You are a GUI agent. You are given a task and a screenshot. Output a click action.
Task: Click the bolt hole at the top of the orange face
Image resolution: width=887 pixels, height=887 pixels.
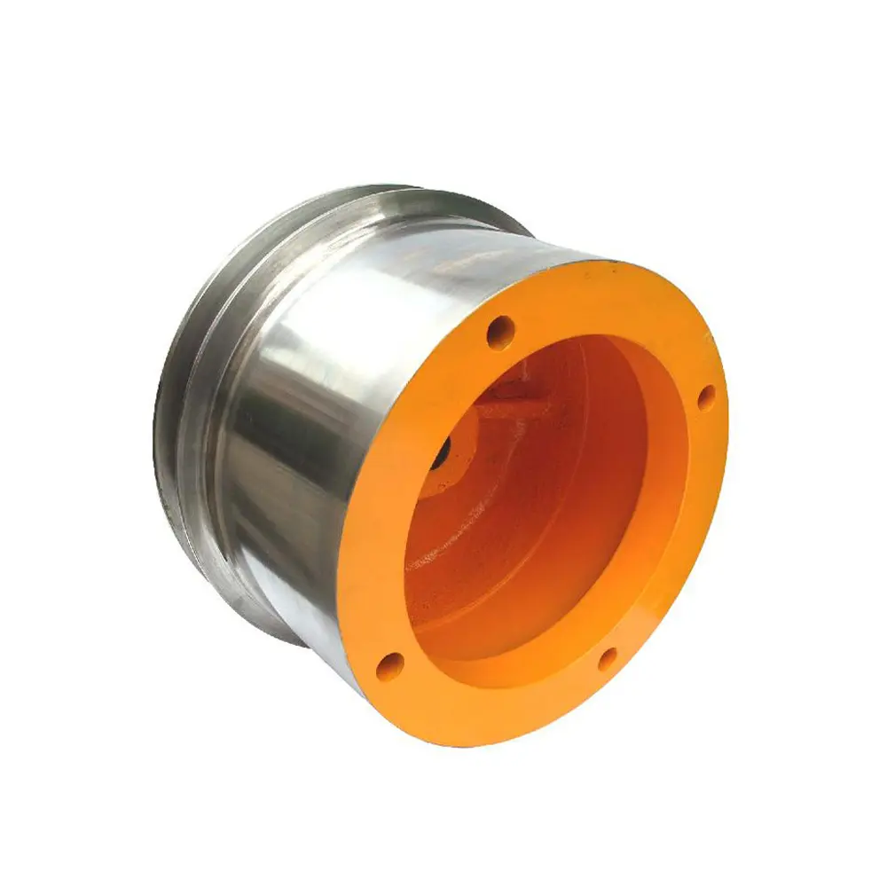501,332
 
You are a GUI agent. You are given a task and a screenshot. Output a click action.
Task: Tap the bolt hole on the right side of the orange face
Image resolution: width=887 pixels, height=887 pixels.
705,398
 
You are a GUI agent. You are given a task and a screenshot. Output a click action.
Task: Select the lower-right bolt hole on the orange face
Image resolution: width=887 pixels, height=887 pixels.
607,658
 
